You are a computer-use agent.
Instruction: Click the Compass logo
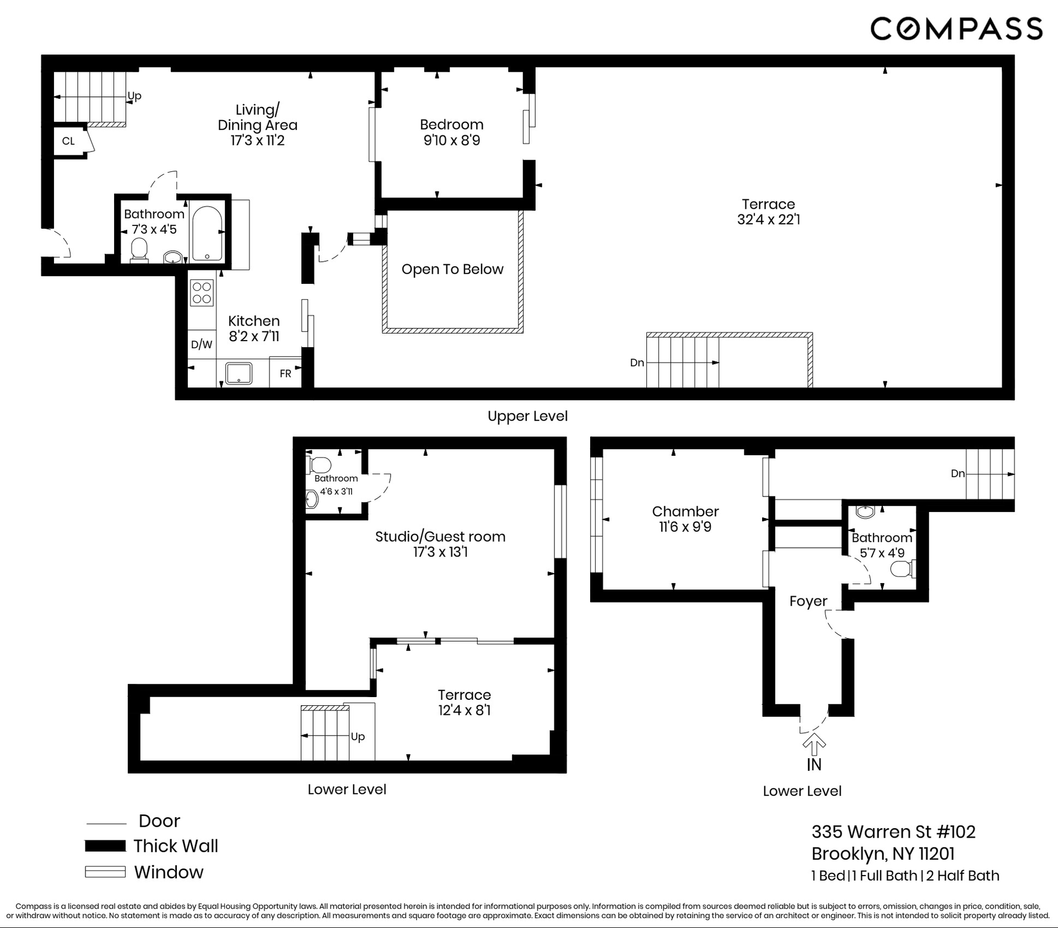coord(956,29)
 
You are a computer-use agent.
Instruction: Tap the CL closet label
coord(68,141)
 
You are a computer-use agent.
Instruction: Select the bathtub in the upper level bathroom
coord(207,233)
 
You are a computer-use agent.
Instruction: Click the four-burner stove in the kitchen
coord(202,293)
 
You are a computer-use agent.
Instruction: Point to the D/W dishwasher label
coord(202,345)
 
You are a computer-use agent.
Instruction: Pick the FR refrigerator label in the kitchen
coord(285,374)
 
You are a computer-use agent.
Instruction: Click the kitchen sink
coord(239,373)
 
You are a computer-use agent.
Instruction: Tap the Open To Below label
coord(452,269)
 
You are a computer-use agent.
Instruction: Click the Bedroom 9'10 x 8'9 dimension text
coord(452,141)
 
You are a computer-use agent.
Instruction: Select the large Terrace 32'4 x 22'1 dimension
coord(769,220)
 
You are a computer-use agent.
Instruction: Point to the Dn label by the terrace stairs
coord(637,363)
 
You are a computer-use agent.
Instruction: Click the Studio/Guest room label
coord(440,537)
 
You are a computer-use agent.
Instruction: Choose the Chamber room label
coord(685,511)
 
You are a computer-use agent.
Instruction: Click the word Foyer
coord(808,601)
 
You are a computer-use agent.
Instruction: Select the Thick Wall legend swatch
coord(105,846)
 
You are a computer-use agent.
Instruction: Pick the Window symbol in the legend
coord(105,872)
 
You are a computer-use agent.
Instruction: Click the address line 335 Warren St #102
coord(893,832)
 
